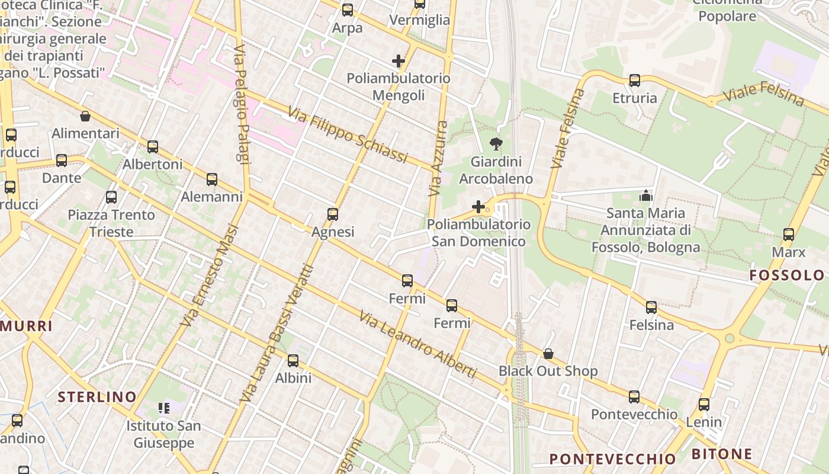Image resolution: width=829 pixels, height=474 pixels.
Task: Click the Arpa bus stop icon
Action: tap(348, 10)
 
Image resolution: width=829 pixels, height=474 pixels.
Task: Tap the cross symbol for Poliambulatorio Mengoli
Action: tap(399, 61)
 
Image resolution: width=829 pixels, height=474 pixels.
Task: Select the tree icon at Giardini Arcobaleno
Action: tap(496, 144)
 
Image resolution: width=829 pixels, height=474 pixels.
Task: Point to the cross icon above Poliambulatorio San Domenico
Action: tap(478, 207)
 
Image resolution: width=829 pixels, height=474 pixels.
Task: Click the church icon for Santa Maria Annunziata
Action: tap(645, 195)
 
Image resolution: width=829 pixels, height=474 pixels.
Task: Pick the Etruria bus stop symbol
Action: tap(635, 81)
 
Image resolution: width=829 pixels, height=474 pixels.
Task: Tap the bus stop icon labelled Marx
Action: tap(788, 235)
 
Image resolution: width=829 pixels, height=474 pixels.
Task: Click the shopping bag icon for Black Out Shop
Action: tap(548, 354)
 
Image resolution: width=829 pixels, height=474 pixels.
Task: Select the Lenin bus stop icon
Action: tap(703, 405)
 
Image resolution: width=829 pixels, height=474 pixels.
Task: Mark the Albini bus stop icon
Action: tap(293, 361)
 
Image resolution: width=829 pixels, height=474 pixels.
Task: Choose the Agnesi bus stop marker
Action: tap(333, 214)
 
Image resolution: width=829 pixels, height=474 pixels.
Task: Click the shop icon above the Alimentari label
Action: tap(85, 116)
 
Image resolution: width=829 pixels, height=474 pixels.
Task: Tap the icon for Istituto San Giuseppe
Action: tap(163, 408)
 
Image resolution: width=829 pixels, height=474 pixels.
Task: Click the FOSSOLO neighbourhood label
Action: tap(786, 275)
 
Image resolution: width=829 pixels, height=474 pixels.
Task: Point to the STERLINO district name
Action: tap(97, 397)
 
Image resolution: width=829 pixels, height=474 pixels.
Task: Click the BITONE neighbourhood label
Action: tap(722, 454)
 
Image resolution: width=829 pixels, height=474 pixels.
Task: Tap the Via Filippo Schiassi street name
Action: tap(348, 135)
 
